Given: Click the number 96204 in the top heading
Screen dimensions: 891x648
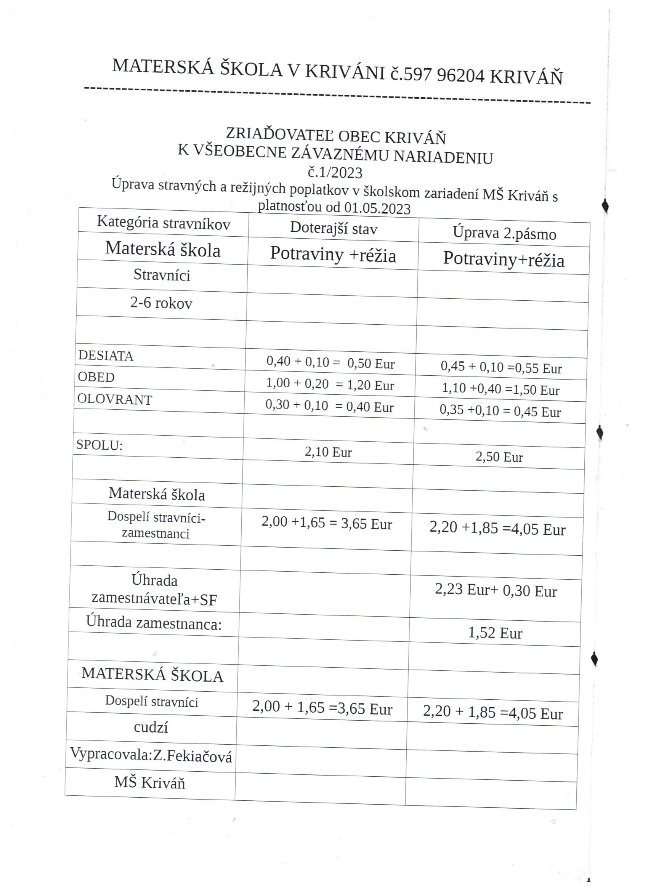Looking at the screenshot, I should click(x=460, y=75).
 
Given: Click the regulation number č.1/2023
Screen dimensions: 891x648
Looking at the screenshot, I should click(x=335, y=173).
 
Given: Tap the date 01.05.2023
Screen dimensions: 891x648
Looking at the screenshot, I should click(x=377, y=208).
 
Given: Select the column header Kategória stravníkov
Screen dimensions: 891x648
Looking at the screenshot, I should click(x=164, y=223).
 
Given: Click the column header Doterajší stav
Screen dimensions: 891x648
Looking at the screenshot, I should click(x=334, y=228).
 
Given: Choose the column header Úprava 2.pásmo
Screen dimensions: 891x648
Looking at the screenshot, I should click(x=504, y=233).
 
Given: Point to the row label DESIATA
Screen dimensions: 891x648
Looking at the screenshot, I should click(x=106, y=356).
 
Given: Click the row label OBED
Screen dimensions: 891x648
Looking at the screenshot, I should click(x=96, y=377).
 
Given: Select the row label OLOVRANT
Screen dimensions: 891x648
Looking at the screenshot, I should click(x=115, y=399).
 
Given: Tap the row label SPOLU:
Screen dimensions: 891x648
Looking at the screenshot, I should click(x=99, y=445).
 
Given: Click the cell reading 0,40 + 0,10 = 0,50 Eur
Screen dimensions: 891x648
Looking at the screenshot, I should click(x=330, y=362).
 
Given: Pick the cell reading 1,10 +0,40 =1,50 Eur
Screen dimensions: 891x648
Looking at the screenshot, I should click(x=500, y=389).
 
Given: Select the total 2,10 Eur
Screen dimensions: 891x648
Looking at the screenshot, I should click(x=328, y=452).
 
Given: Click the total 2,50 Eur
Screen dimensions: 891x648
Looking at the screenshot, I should click(x=499, y=457).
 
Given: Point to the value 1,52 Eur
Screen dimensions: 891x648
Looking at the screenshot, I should click(x=495, y=633).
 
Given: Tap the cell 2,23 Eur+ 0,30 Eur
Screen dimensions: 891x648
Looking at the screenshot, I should click(x=496, y=590).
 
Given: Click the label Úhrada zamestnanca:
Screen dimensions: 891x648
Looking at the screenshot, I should click(x=154, y=623).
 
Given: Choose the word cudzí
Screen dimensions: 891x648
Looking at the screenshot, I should click(x=151, y=727).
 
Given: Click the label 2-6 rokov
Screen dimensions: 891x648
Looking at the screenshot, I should click(x=161, y=303).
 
